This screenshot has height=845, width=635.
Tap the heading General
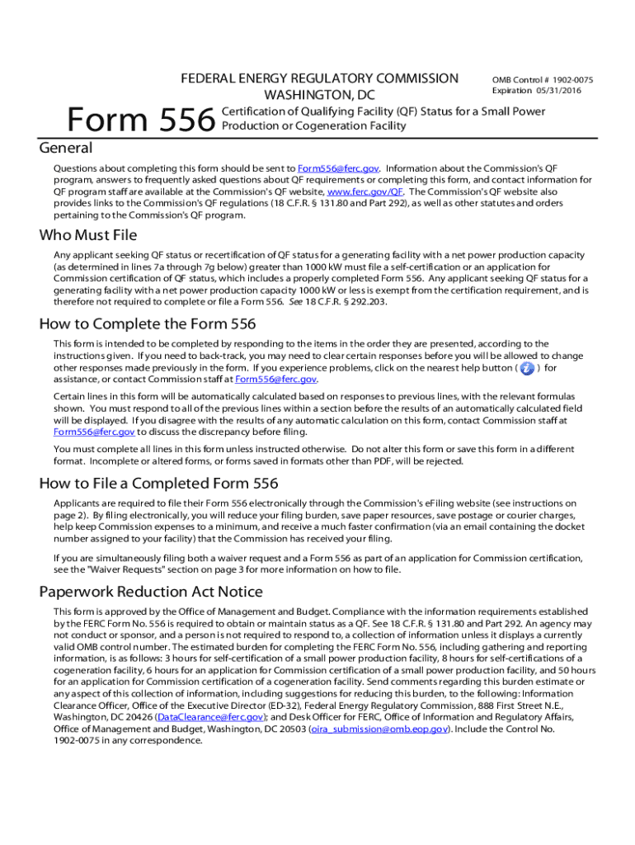point(66,149)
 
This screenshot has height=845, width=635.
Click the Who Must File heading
point(88,236)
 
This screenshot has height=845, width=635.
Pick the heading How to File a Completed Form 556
point(159,483)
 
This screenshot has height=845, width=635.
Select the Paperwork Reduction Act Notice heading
point(151,592)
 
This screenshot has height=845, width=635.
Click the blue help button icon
point(528,367)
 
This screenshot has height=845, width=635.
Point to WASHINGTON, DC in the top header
point(319,96)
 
